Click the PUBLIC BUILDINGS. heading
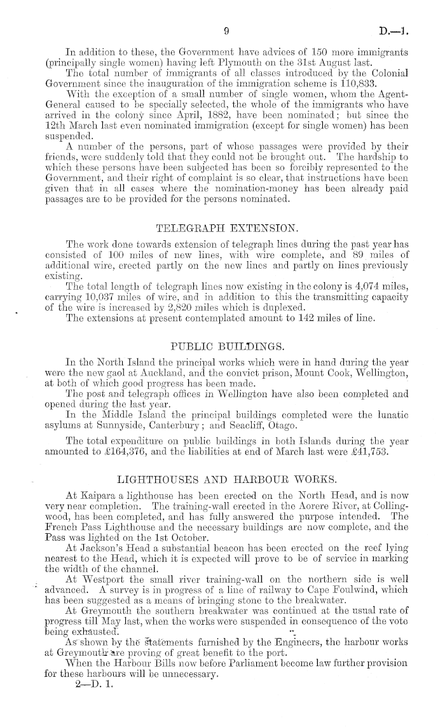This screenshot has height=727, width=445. click(x=227, y=346)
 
